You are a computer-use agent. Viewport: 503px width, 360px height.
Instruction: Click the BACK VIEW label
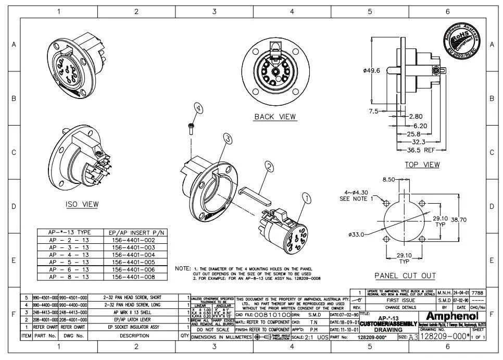pyautogui.click(x=274, y=117)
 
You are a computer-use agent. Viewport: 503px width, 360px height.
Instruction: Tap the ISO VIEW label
pyautogui.click(x=82, y=205)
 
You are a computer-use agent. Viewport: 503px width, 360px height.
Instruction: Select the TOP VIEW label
pyautogui.click(x=422, y=165)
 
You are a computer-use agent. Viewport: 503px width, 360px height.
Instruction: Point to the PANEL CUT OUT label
pyautogui.click(x=405, y=275)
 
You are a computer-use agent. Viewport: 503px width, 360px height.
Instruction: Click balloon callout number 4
pyautogui.click(x=198, y=108)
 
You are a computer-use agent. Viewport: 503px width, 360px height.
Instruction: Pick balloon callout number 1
pyautogui.click(x=306, y=198)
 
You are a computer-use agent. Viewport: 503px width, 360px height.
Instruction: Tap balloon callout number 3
pyautogui.click(x=227, y=138)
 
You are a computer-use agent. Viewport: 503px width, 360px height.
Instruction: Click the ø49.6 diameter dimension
pyautogui.click(x=372, y=70)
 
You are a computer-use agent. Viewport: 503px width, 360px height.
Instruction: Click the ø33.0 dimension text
pyautogui.click(x=356, y=234)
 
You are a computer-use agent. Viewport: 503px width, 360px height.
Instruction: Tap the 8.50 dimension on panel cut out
pyautogui.click(x=389, y=180)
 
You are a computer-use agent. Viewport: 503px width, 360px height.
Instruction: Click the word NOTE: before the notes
pyautogui.click(x=183, y=268)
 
